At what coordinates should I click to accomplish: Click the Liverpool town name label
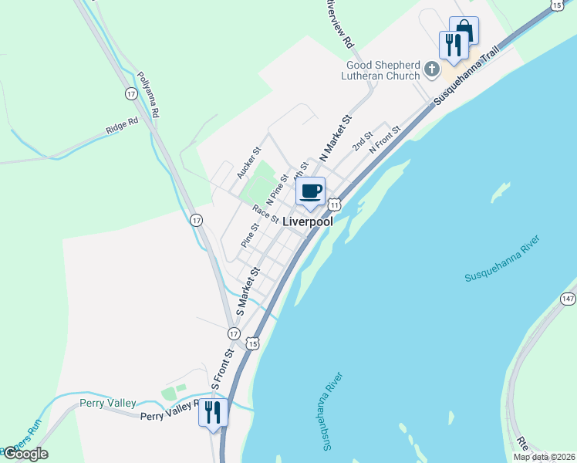(308, 221)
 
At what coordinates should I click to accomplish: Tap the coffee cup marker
(310, 191)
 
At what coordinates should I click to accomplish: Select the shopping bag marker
(464, 31)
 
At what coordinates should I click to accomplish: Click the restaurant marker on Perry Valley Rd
(213, 412)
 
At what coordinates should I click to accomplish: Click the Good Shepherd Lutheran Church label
(383, 70)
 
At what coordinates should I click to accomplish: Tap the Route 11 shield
(333, 204)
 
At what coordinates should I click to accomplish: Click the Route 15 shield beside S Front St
(252, 342)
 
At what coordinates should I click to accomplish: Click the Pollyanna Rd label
(148, 95)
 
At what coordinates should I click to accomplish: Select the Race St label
(265, 213)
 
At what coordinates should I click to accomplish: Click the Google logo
(25, 454)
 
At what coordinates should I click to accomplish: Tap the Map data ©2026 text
(544, 457)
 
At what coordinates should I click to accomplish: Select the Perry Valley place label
(108, 403)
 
